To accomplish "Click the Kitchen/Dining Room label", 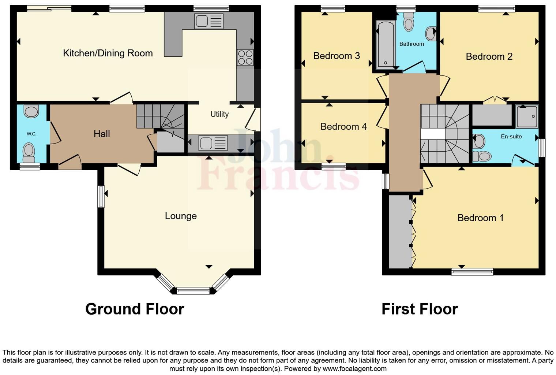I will coord(108,53).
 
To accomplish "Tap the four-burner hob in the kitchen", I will coord(245,57).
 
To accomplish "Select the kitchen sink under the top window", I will coord(209,21).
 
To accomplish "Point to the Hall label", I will coord(102,134).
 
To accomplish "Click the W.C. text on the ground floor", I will coord(31,134).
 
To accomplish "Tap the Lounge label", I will coord(181,216).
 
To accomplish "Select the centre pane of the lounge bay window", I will coord(193,291).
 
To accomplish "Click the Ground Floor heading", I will coord(135,309).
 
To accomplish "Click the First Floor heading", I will coord(420,309).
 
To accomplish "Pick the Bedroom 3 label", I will coord(337,56).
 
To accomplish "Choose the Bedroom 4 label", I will coord(343,126).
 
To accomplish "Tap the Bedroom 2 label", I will coord(489,56).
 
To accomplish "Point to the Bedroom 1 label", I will coord(480,218).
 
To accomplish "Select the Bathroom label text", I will coord(412,44).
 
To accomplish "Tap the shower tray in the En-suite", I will coord(527,116).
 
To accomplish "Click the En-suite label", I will coord(511,137).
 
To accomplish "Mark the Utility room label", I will coord(219,114).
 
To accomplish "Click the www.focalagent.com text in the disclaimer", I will coord(354,368).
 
